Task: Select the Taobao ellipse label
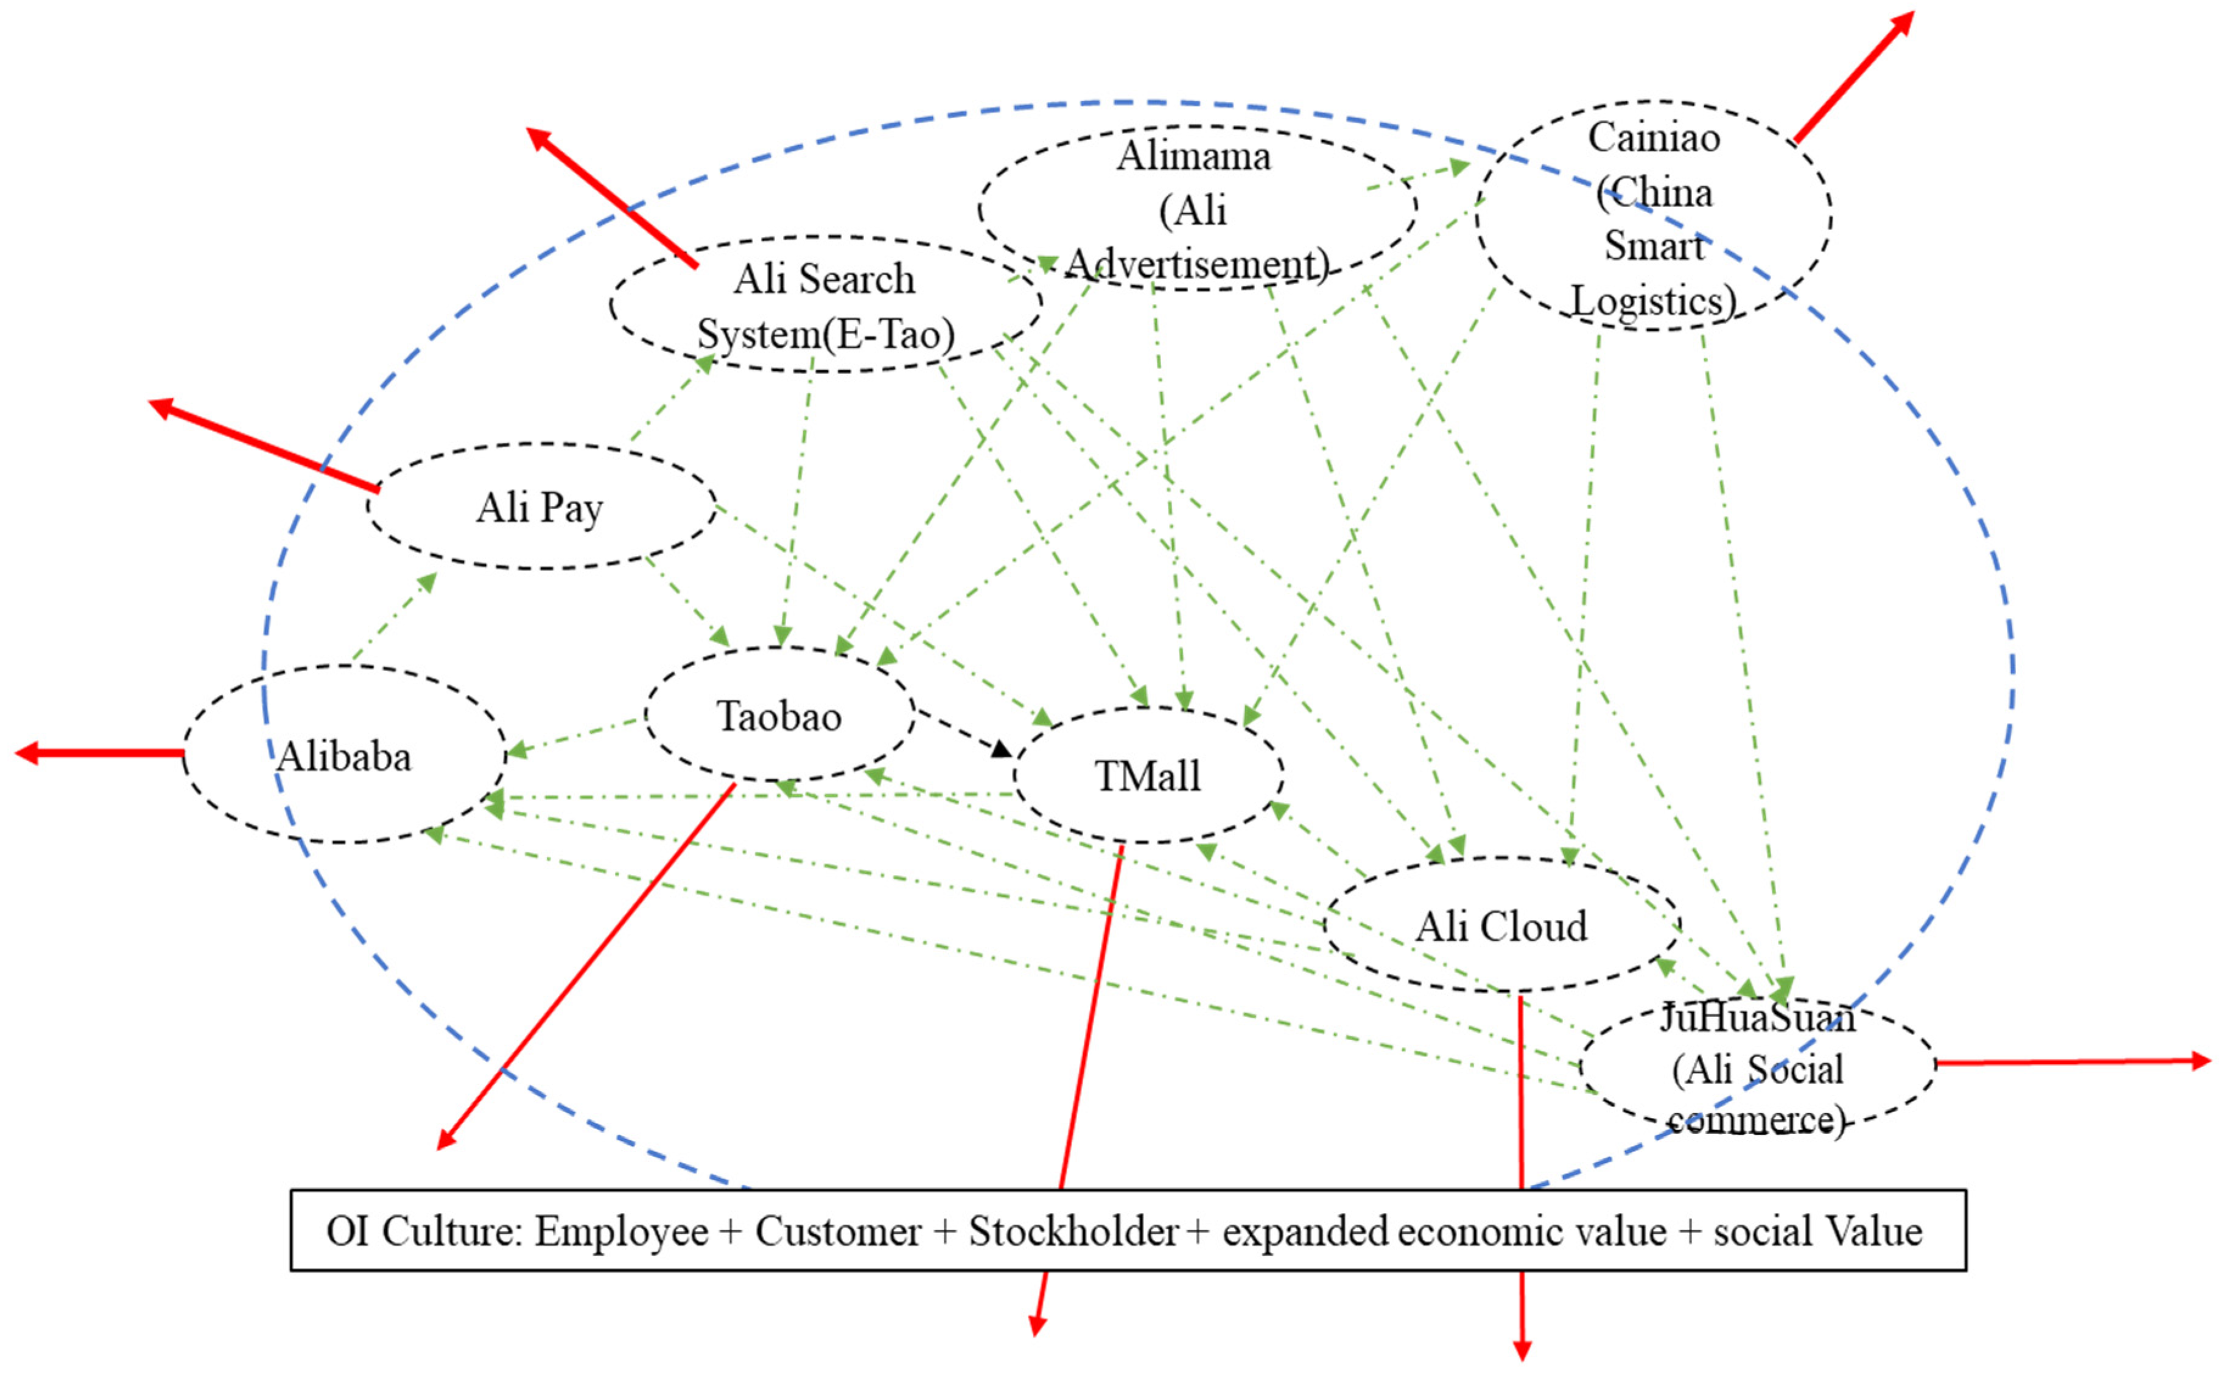tap(779, 716)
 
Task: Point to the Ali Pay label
tap(539, 508)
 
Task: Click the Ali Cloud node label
tap(1501, 927)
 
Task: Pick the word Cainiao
tap(1654, 138)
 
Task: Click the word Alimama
tap(1194, 156)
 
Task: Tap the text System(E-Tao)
tap(826, 334)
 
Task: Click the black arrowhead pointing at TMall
tap(1002, 749)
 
